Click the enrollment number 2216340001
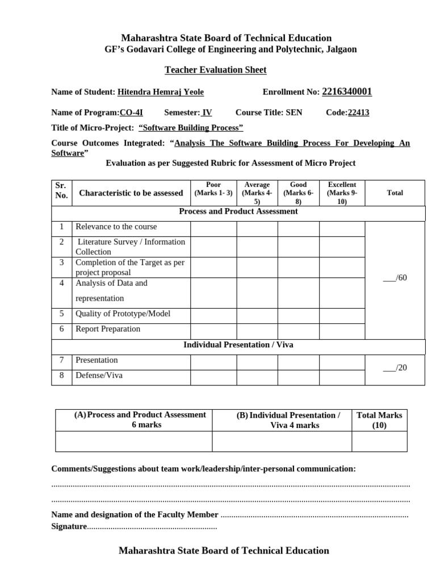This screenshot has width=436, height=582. [347, 92]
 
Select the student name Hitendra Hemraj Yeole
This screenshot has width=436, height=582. [160, 92]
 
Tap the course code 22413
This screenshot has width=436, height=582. [358, 113]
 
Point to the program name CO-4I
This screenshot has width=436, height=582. [131, 113]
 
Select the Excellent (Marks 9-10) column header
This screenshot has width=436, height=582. [342, 193]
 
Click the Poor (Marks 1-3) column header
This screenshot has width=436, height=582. [213, 189]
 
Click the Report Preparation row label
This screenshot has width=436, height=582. [108, 329]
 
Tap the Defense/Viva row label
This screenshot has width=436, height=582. [99, 375]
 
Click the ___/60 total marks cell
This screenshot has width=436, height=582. [395, 278]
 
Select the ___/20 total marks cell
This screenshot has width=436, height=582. [395, 368]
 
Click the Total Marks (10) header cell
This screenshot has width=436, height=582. [379, 420]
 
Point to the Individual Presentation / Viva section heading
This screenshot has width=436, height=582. [238, 345]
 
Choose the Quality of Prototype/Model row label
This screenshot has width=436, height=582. [123, 314]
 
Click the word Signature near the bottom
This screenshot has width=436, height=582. [69, 527]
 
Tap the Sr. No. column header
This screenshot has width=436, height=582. [61, 190]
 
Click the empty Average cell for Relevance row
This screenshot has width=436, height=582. [257, 228]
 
